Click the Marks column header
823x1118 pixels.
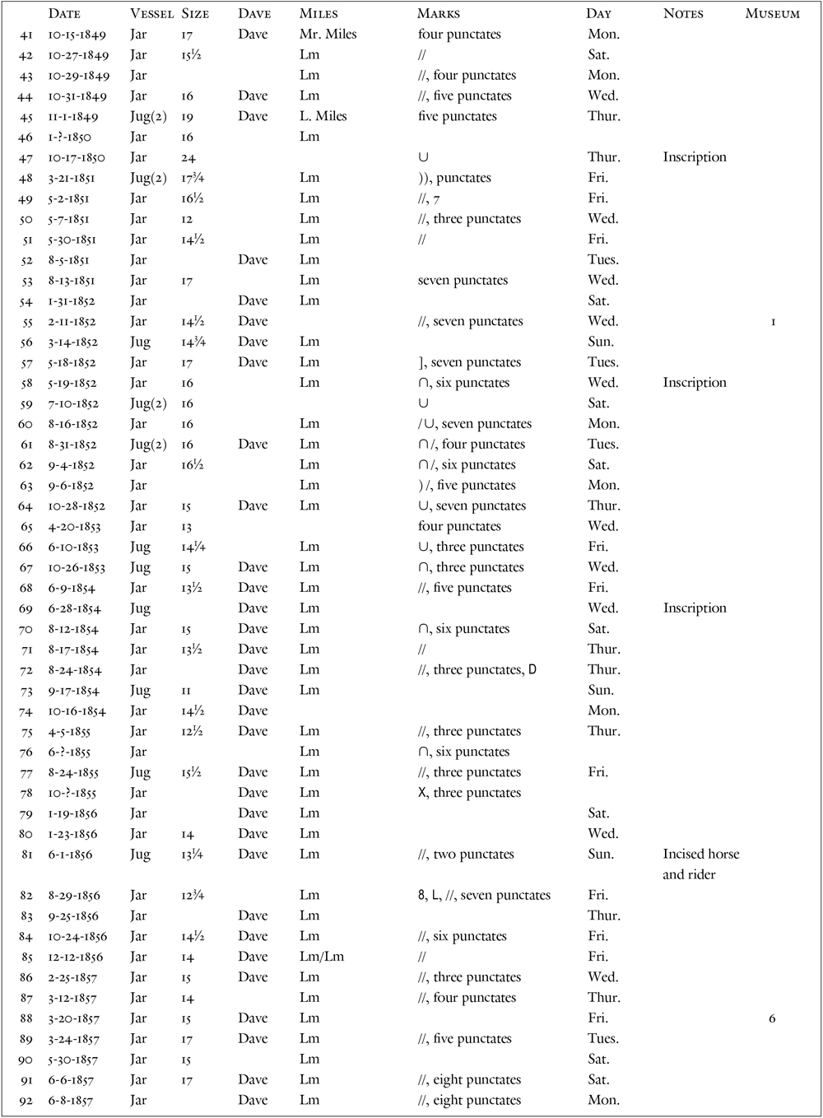[439, 14]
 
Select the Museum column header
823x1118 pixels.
[772, 14]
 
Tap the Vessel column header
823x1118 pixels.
[151, 14]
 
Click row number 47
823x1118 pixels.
[26, 157]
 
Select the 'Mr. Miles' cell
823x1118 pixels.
[328, 35]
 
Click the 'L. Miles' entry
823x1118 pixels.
[323, 116]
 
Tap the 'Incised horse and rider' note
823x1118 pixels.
[700, 864]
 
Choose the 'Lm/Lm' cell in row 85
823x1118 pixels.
[322, 957]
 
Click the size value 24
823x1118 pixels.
[188, 157]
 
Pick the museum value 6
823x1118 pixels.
[772, 1018]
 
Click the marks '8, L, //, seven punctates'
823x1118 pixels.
[484, 895]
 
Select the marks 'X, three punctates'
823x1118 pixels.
[469, 793]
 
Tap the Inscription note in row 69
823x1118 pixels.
[695, 608]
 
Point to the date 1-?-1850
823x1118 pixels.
[69, 137]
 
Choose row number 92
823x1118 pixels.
[26, 1100]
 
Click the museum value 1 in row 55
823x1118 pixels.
[773, 322]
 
